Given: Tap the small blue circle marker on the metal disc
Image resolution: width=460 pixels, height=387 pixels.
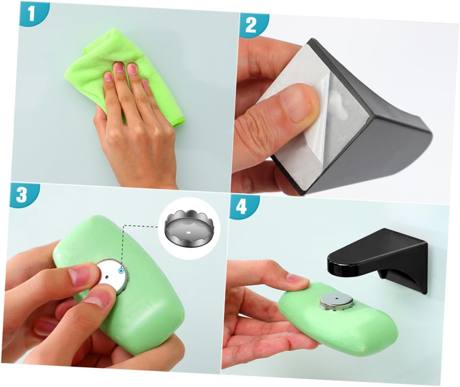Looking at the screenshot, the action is pyautogui.click(x=120, y=271).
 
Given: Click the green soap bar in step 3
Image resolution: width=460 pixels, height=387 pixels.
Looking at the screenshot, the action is pyautogui.click(x=119, y=284).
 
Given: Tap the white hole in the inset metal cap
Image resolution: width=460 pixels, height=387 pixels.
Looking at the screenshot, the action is pyautogui.click(x=189, y=232).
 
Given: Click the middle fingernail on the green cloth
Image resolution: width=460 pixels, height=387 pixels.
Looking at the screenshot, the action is pyautogui.click(x=119, y=68).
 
